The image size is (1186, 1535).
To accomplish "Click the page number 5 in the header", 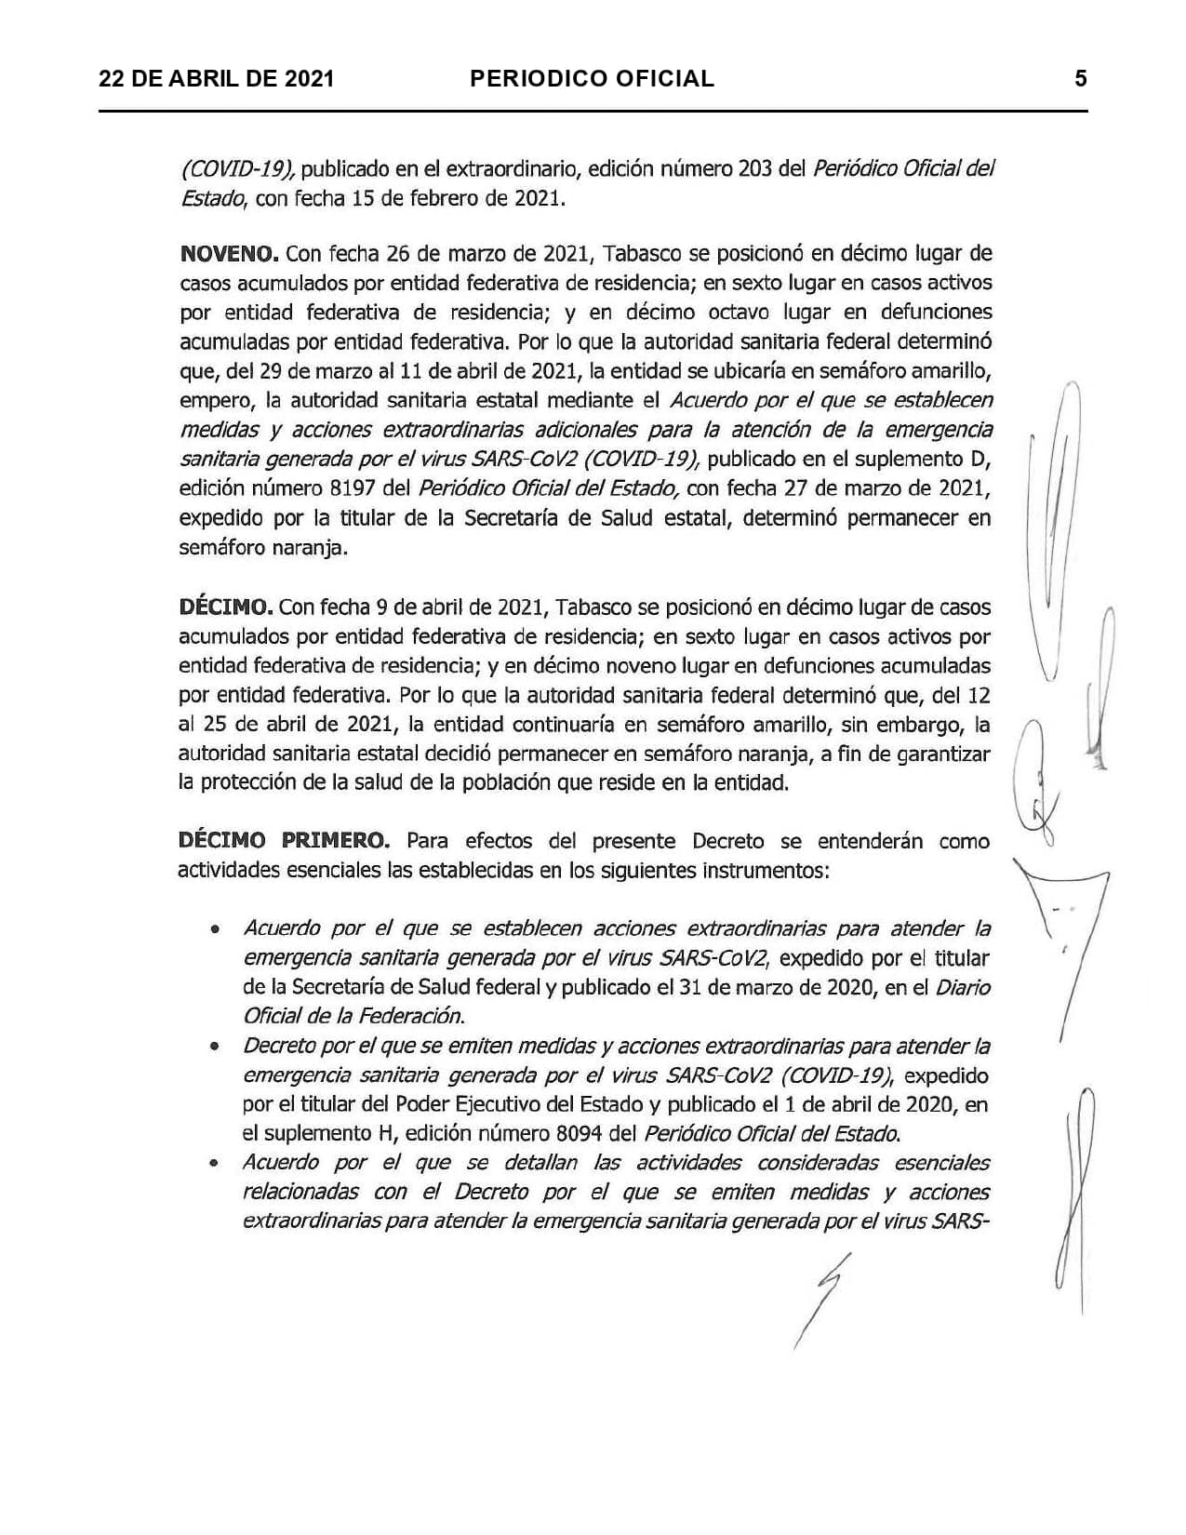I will pos(1080,78).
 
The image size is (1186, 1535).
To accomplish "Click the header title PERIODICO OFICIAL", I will pos(592,79).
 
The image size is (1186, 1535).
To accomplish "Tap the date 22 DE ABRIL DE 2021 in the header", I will pos(217,79).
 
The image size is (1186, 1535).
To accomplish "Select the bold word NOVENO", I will pos(228,253).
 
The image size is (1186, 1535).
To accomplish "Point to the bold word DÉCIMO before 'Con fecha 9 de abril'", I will pos(224,607).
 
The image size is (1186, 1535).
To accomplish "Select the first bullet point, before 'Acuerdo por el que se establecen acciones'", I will pos(215,928).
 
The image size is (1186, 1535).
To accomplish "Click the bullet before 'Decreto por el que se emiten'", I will pos(215,1046).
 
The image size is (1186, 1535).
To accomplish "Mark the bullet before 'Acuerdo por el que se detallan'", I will pos(215,1163).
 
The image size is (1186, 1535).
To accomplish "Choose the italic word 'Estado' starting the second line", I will pos(212,198).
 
